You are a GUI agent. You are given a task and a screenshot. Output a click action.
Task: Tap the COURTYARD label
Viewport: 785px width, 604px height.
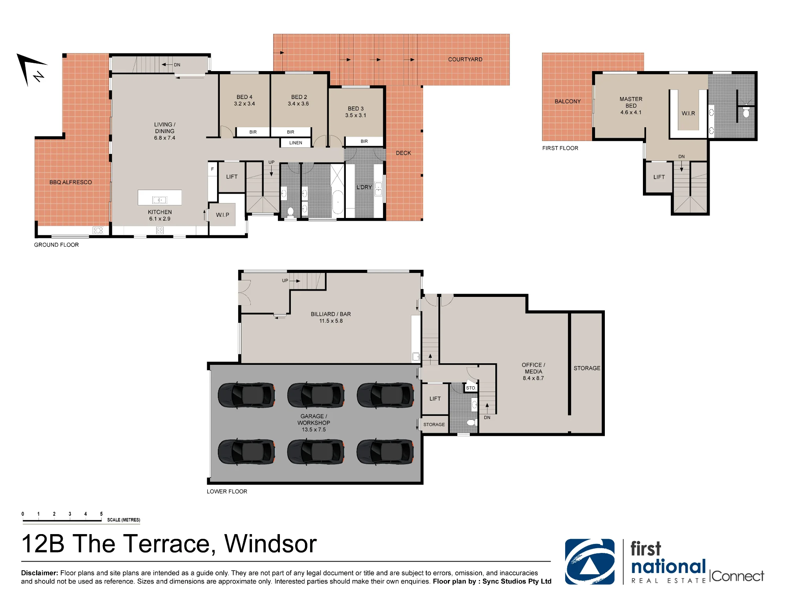tap(465, 59)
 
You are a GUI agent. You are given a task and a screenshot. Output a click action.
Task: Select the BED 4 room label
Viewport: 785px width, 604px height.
tap(244, 97)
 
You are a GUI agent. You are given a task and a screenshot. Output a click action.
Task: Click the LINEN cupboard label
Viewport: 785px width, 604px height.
tap(296, 143)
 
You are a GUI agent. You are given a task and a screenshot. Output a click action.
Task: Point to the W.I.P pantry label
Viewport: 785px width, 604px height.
tap(223, 215)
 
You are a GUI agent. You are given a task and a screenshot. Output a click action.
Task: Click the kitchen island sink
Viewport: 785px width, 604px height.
tap(159, 200)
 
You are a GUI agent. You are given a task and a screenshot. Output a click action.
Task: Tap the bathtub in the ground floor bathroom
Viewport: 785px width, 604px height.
tap(338, 202)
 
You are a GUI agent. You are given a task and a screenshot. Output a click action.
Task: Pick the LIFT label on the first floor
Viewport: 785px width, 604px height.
tap(659, 177)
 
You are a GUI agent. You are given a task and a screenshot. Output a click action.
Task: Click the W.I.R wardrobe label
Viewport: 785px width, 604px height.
tap(688, 113)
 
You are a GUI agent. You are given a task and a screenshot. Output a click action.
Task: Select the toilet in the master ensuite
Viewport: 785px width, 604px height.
tap(746, 113)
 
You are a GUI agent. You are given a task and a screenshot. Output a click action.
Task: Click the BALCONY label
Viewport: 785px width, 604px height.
tap(568, 101)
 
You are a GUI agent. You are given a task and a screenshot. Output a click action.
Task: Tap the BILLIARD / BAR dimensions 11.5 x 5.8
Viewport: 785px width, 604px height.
tap(331, 321)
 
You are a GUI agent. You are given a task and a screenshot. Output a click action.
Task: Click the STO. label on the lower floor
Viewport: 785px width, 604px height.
tap(471, 388)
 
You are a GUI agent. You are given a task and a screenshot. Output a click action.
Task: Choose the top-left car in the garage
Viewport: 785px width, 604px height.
tap(246, 395)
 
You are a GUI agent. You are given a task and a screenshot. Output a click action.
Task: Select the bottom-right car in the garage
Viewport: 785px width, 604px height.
tap(385, 452)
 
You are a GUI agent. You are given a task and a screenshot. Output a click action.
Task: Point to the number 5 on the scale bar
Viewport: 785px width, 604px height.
tap(101, 514)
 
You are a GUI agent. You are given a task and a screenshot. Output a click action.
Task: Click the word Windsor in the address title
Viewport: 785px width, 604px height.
tap(270, 544)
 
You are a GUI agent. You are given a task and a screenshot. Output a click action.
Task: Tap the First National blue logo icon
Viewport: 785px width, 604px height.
tap(590, 562)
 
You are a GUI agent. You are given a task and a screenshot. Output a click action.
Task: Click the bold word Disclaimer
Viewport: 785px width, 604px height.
tap(40, 573)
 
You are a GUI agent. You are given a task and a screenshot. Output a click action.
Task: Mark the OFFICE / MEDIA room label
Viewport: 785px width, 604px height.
tap(533, 368)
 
